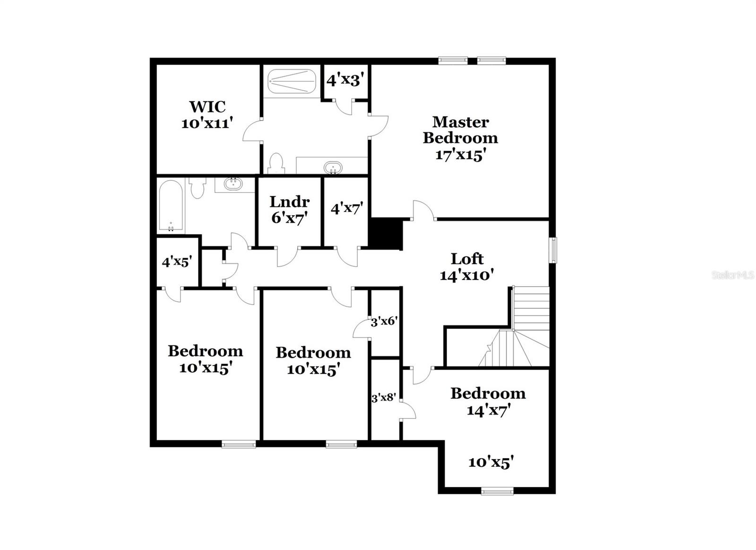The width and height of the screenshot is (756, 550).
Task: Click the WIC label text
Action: (x=207, y=106)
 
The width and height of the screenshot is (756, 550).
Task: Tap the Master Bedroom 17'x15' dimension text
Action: (x=460, y=155)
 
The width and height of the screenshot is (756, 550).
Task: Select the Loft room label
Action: (x=467, y=259)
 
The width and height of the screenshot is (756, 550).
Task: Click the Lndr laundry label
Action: (x=289, y=201)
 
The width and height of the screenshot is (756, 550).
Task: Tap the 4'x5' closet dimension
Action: (x=176, y=261)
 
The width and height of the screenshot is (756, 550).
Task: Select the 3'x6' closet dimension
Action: (x=384, y=322)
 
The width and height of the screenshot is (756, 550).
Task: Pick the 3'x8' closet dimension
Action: (x=383, y=398)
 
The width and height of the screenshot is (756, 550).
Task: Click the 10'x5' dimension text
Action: (x=491, y=462)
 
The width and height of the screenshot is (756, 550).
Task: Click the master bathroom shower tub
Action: (x=292, y=82)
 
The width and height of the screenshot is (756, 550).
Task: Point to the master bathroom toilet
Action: (x=275, y=164)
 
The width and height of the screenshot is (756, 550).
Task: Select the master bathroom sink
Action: (x=333, y=167)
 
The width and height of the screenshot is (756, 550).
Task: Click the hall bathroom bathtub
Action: (x=171, y=207)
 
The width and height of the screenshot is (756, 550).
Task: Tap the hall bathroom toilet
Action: (x=197, y=187)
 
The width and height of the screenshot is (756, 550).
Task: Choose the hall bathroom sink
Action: (x=233, y=183)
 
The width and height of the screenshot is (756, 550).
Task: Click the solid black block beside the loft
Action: (x=385, y=233)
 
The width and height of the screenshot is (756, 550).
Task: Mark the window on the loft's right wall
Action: (x=552, y=250)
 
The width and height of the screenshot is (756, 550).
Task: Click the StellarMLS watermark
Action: (x=733, y=275)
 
